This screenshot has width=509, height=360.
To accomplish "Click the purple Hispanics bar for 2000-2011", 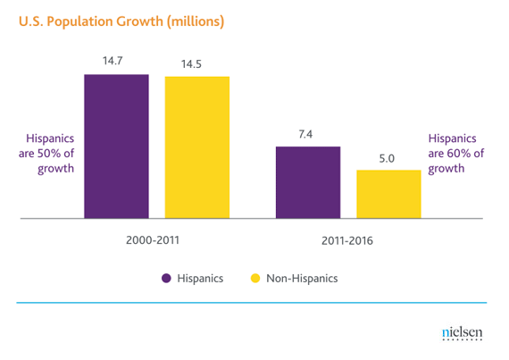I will [x=116, y=146].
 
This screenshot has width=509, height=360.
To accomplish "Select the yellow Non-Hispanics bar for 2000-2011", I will [x=197, y=147].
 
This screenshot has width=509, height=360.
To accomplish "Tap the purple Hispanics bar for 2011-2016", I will [x=307, y=181].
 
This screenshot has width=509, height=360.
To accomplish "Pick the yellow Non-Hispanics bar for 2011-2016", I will [x=388, y=193].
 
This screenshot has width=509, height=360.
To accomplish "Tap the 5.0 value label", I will [x=388, y=158].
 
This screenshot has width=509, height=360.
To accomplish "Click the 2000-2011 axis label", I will [x=156, y=241].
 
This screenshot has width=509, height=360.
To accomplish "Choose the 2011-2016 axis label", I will [x=347, y=241].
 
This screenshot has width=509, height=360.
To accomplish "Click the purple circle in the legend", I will [x=166, y=278].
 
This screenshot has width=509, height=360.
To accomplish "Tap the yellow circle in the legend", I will [x=254, y=278].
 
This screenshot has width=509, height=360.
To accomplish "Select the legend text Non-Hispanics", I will [x=303, y=278].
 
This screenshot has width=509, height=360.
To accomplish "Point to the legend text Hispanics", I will [x=202, y=278].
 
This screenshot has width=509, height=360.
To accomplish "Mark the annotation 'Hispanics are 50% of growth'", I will [x=48, y=153].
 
